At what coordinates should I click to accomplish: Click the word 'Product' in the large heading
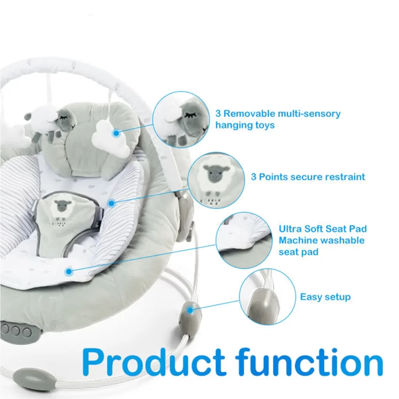click(x=154, y=362)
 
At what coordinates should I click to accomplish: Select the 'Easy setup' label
click(x=325, y=297)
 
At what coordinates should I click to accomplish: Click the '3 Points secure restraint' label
click(x=308, y=177)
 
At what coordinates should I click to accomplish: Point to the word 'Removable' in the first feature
click(x=249, y=113)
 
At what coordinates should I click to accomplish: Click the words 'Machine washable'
click(x=321, y=240)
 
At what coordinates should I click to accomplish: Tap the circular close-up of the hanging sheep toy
click(x=181, y=120)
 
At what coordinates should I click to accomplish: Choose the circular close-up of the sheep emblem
click(x=216, y=180)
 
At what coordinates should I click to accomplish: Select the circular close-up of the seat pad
click(x=244, y=240)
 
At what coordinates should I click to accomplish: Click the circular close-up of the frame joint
click(x=267, y=297)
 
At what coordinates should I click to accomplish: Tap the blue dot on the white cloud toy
click(x=116, y=133)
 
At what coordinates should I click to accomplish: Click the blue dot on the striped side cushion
click(x=111, y=203)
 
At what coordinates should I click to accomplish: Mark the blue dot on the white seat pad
click(x=69, y=272)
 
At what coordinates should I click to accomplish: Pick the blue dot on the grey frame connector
click(x=190, y=310)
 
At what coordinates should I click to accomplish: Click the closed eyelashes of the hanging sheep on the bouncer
click(x=64, y=117)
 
